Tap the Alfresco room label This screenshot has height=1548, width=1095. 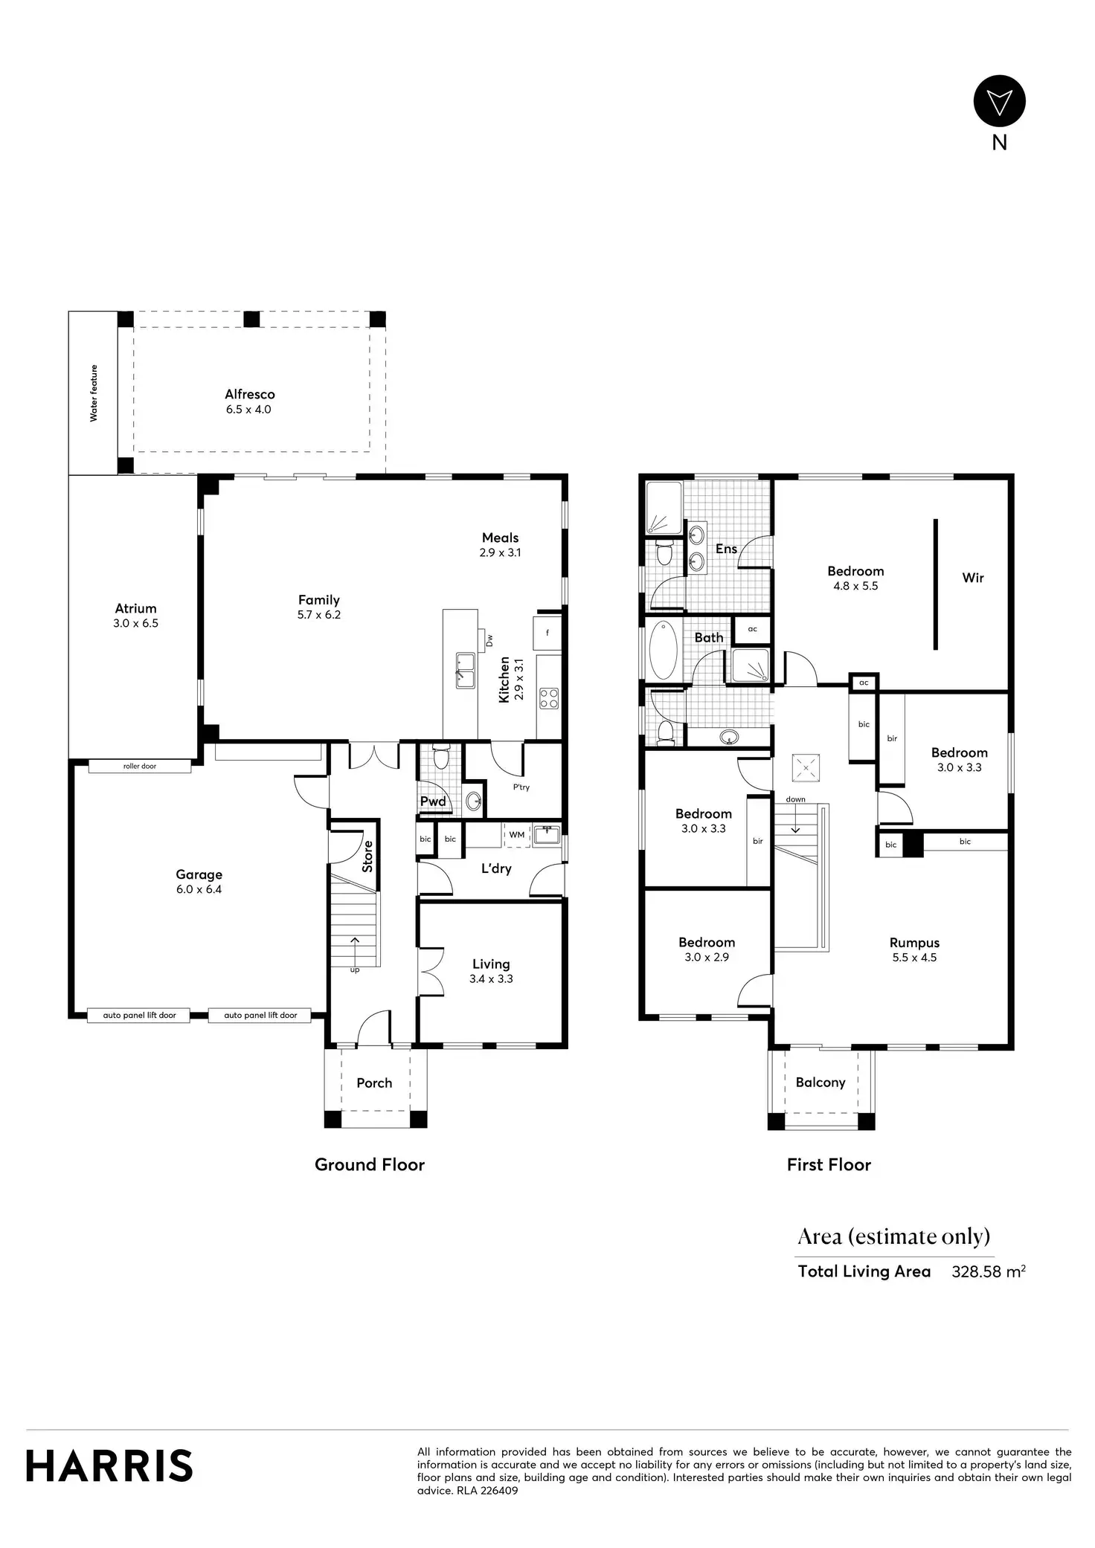coord(250,395)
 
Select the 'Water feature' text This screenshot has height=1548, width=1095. coord(94,393)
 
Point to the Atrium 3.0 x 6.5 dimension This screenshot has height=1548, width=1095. coord(135,624)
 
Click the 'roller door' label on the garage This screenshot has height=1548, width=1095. coord(140,766)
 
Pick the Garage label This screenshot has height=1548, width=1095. coord(199,875)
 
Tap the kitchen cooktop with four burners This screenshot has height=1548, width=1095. coord(549,698)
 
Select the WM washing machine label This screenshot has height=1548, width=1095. coord(517,835)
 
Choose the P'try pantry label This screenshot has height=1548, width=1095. coord(521,787)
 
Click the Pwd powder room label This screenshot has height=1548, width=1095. coord(433,802)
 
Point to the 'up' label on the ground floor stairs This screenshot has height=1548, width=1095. coord(355,970)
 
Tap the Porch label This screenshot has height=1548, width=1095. coord(374,1083)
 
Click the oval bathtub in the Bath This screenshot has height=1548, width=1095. coord(664,651)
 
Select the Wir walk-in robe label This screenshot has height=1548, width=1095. coord(973,578)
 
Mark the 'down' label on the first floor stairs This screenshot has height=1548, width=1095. coord(795,799)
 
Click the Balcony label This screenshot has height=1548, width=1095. coord(821,1083)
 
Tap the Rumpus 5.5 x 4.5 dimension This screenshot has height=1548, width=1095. coord(914,958)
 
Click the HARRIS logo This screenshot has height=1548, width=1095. coord(109,1465)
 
